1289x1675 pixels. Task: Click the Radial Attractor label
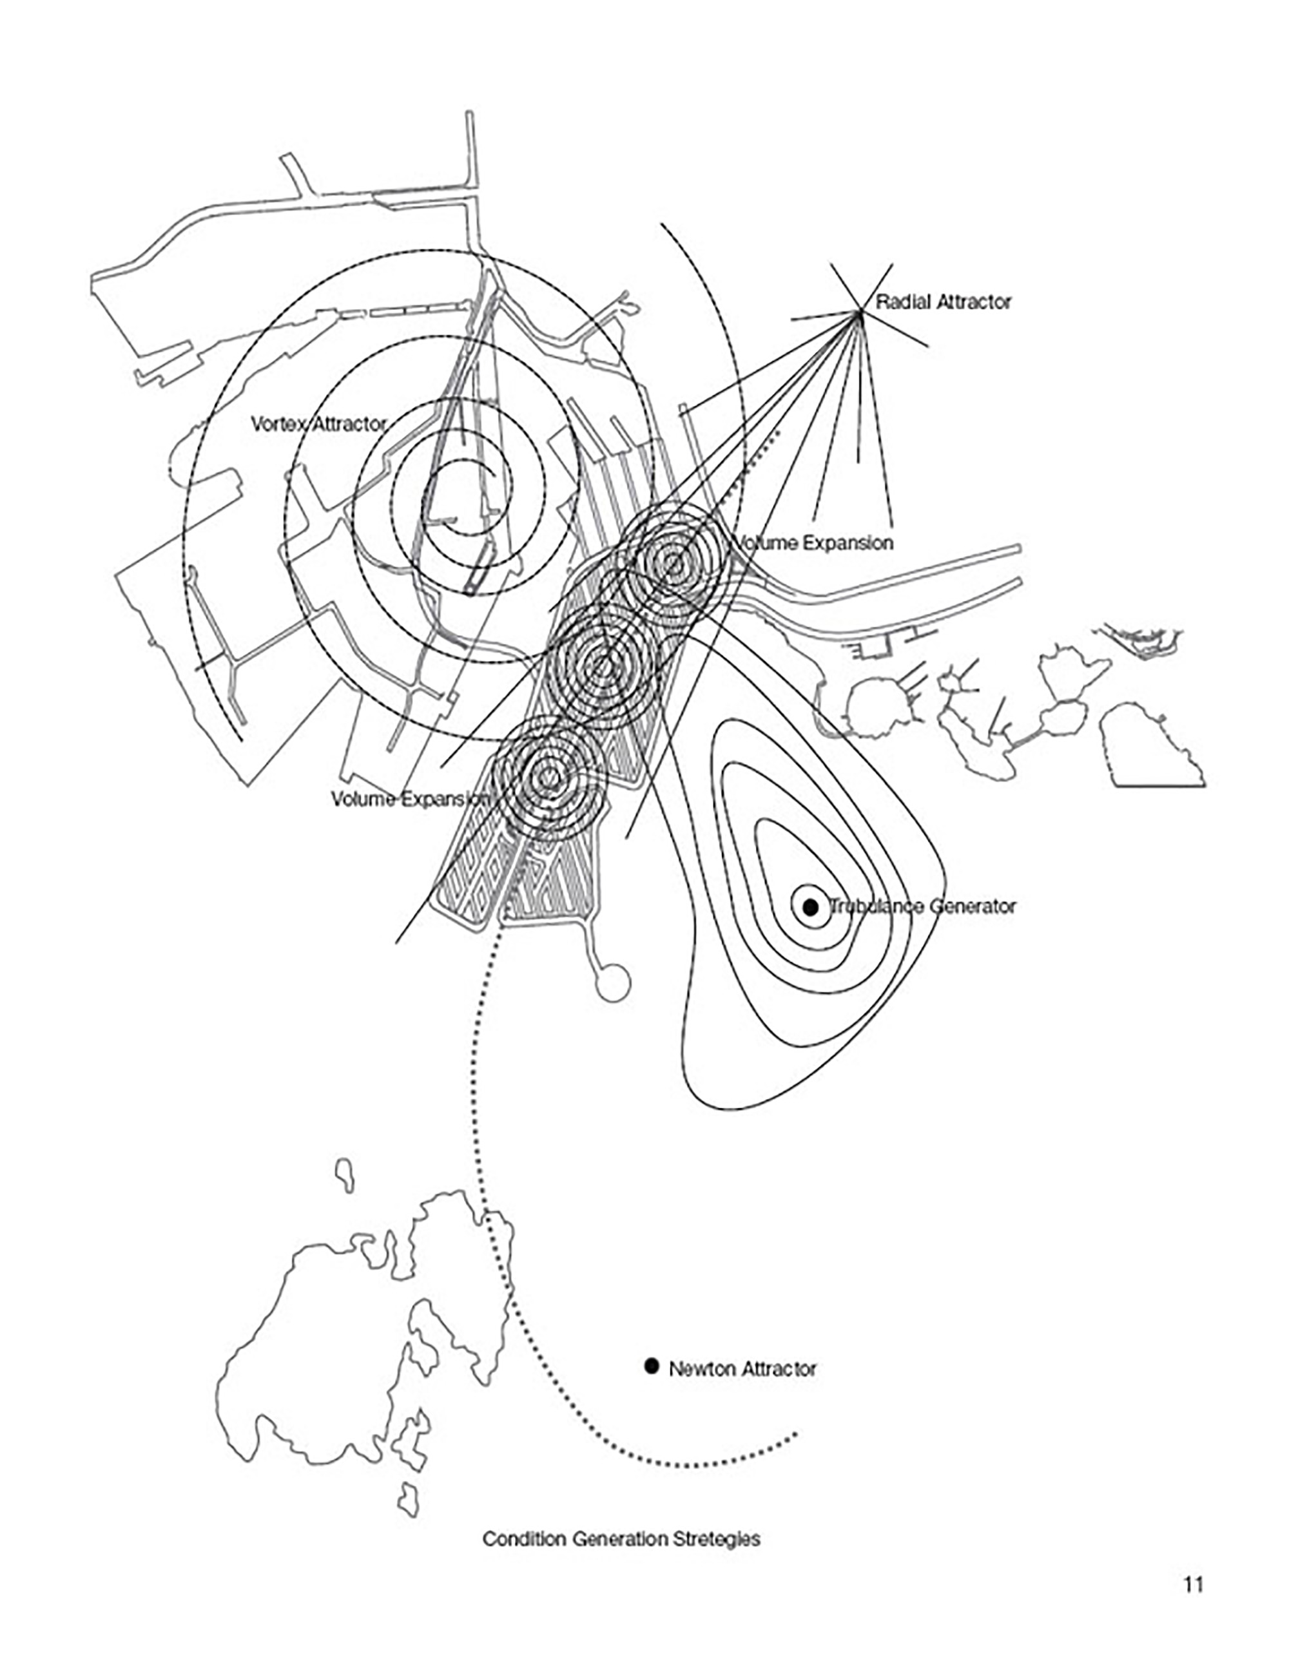[x=943, y=302]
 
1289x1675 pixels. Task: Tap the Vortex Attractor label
[x=318, y=424]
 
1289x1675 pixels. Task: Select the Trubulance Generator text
[x=923, y=906]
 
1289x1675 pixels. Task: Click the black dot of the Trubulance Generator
[x=810, y=907]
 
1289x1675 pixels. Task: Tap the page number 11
[x=1193, y=1585]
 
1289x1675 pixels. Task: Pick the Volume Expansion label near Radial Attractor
[x=814, y=543]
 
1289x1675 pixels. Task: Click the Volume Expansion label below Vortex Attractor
[x=411, y=799]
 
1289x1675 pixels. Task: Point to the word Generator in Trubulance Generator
[x=973, y=906]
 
